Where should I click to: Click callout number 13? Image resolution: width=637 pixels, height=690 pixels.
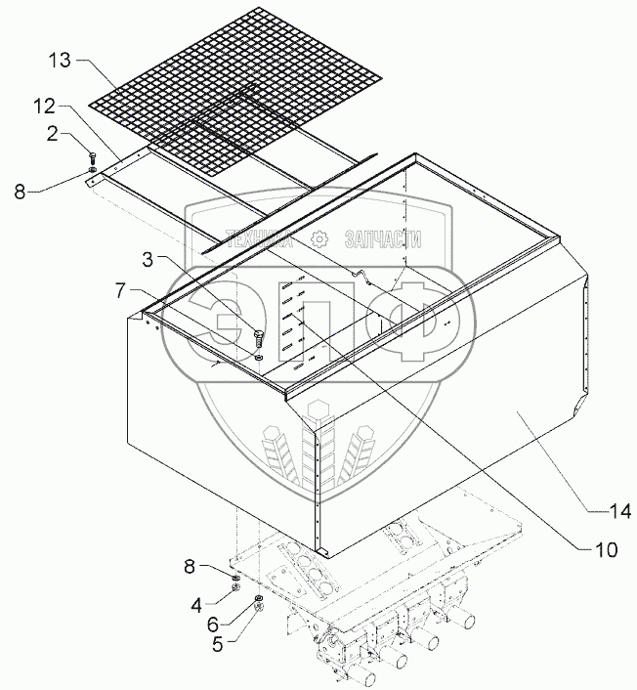pos(60,62)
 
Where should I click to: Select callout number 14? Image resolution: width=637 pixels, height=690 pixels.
pos(619,510)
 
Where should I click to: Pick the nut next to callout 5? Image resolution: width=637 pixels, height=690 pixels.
pos(258,611)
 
